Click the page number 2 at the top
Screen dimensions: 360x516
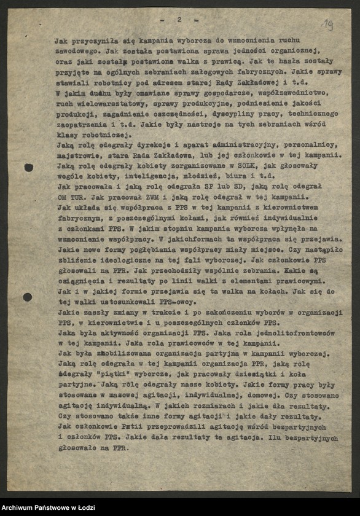click(x=179, y=20)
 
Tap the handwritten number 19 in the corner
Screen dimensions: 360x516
click(x=328, y=25)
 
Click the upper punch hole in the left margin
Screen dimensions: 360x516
click(x=29, y=167)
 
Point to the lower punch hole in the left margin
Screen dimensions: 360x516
click(x=28, y=297)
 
